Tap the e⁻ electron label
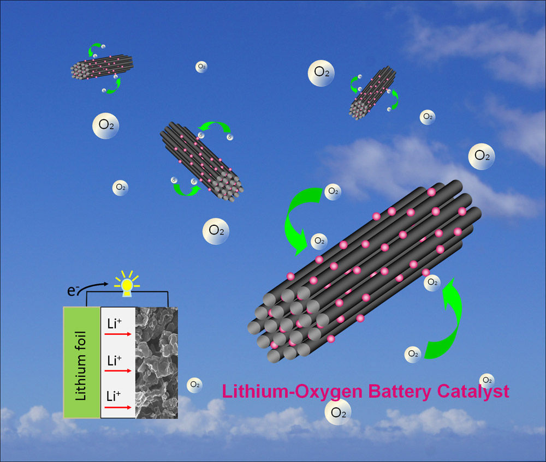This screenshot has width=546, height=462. pyautogui.click(x=72, y=291)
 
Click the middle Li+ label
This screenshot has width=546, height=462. pyautogui.click(x=114, y=361)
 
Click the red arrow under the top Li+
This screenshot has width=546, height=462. pyautogui.click(x=117, y=334)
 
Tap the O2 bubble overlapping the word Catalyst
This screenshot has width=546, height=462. pyautogui.click(x=486, y=381)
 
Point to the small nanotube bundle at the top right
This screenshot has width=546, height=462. pyautogui.click(x=372, y=92)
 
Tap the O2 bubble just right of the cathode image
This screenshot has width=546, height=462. pyautogui.click(x=194, y=385)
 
